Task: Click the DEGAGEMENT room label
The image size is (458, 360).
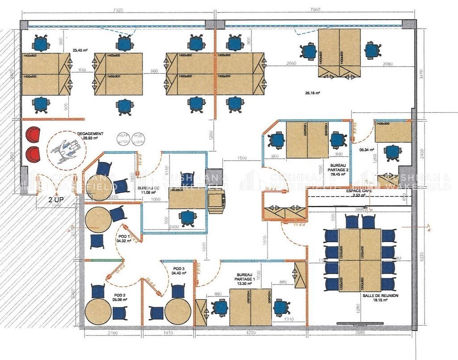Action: pos(90,134)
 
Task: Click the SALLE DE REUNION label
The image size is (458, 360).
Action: pos(381,296)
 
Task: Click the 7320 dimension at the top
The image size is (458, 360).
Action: pos(118,9)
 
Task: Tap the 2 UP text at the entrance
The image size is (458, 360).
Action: pos(56,199)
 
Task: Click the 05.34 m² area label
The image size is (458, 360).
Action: pos(367,150)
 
